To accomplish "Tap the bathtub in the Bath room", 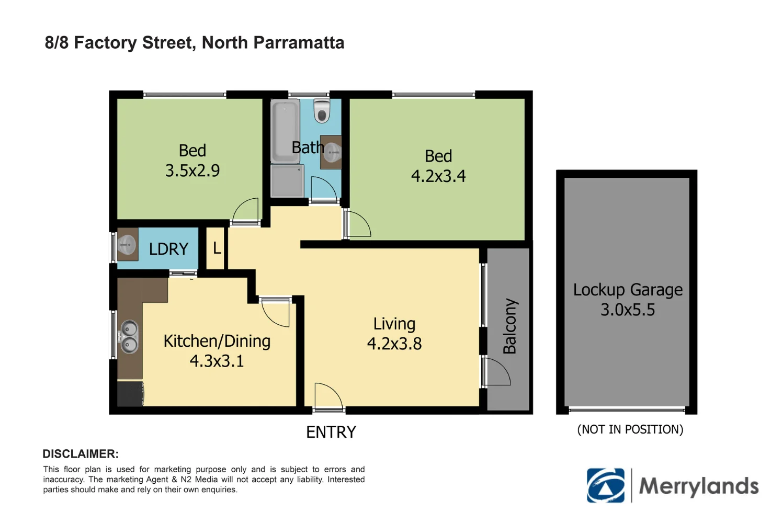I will point(285,131).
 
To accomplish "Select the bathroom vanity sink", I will point(332,152).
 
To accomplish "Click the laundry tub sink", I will point(127,244).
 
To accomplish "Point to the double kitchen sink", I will point(129,337).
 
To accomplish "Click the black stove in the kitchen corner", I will point(130,393).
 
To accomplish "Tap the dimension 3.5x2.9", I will point(192,170).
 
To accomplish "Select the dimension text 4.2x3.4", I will point(438,176).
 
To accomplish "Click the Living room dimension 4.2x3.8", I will point(394,344).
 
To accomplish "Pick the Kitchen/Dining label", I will point(217,341).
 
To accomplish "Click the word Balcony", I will point(509,326).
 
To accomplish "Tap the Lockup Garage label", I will point(628,290).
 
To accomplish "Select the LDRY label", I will point(168,249).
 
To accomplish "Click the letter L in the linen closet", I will point(217,248).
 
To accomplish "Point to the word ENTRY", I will point(331,432).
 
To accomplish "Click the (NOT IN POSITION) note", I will point(630,429).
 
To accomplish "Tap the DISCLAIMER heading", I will point(81,454).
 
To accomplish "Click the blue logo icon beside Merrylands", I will point(606,485).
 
